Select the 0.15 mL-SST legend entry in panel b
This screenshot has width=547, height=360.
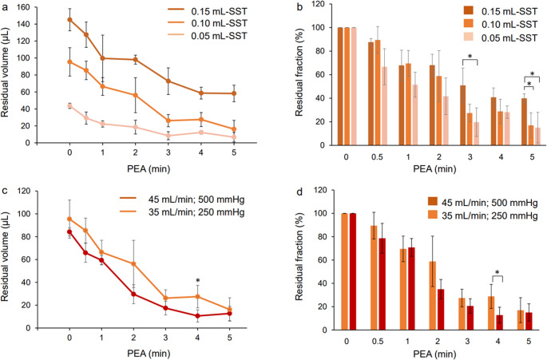tap(501, 11)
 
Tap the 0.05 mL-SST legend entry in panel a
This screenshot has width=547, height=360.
tap(207, 36)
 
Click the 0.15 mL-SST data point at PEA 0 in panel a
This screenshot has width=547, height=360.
tap(69, 19)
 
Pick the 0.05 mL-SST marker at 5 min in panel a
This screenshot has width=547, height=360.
tap(234, 137)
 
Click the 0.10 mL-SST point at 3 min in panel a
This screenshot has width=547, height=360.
tap(168, 121)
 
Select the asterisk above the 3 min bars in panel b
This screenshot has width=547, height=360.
tap(470, 57)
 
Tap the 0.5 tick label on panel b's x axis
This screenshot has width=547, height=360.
tap(377, 157)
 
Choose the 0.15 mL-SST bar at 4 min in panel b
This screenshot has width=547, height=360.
tap(493, 121)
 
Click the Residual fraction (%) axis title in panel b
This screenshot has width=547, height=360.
tap(299, 72)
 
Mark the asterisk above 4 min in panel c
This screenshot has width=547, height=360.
tap(198, 280)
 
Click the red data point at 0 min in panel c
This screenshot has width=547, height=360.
tap(69, 231)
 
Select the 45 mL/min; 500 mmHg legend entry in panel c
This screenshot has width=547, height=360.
tap(182, 200)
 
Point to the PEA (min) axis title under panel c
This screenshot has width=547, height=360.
tap(149, 354)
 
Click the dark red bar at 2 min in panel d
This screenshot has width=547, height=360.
tap(440, 310)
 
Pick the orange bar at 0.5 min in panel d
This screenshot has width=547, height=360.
tap(374, 278)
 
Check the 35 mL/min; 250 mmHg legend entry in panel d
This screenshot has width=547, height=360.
tap(483, 216)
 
